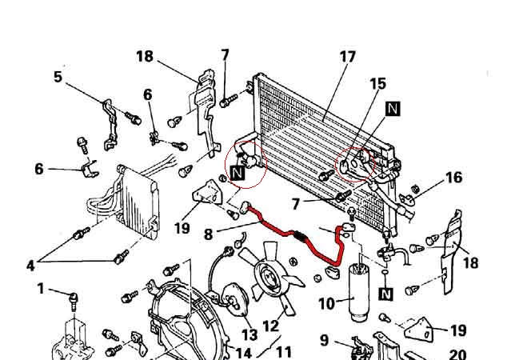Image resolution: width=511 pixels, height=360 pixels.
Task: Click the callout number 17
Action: (x=347, y=58)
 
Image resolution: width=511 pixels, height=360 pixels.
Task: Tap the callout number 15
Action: (x=377, y=83)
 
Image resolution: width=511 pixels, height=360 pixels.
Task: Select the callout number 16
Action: (x=453, y=177)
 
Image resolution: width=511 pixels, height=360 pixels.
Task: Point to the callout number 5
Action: (x=58, y=77)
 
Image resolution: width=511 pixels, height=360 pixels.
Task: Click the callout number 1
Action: (x=41, y=289)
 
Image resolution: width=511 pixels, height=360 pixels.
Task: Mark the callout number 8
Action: (x=208, y=235)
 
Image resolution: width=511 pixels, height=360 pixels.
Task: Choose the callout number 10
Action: (x=326, y=304)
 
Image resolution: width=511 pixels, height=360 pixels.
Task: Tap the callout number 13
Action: (x=250, y=335)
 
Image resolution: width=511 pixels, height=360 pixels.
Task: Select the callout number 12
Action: (x=270, y=326)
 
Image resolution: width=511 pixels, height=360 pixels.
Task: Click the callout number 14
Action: (x=244, y=352)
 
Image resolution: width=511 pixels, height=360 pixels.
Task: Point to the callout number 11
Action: (x=283, y=350)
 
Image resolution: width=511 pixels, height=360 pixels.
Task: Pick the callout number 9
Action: (x=324, y=340)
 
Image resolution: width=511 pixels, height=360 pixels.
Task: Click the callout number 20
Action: (x=457, y=354)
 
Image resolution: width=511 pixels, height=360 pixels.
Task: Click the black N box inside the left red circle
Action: (x=238, y=172)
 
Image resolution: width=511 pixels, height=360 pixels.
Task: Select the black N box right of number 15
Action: (x=393, y=108)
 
